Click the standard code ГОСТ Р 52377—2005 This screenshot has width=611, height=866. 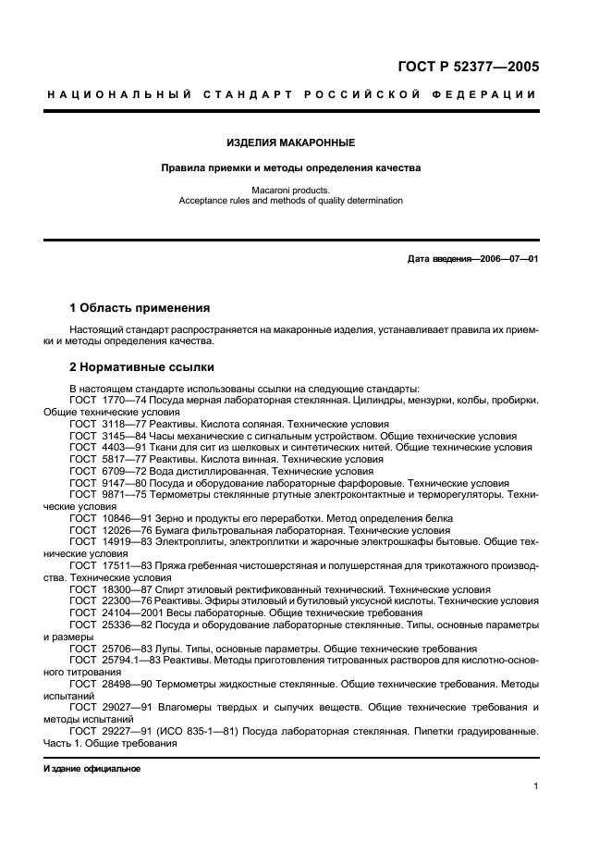pos(468,66)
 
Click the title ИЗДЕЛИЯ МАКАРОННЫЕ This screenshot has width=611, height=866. pos(291,142)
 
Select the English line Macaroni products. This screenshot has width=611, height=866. pos(291,190)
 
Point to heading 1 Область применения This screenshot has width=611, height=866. pos(140,307)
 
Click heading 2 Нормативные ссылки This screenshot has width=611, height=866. pos(141,366)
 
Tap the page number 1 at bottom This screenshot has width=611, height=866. pos(535,786)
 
